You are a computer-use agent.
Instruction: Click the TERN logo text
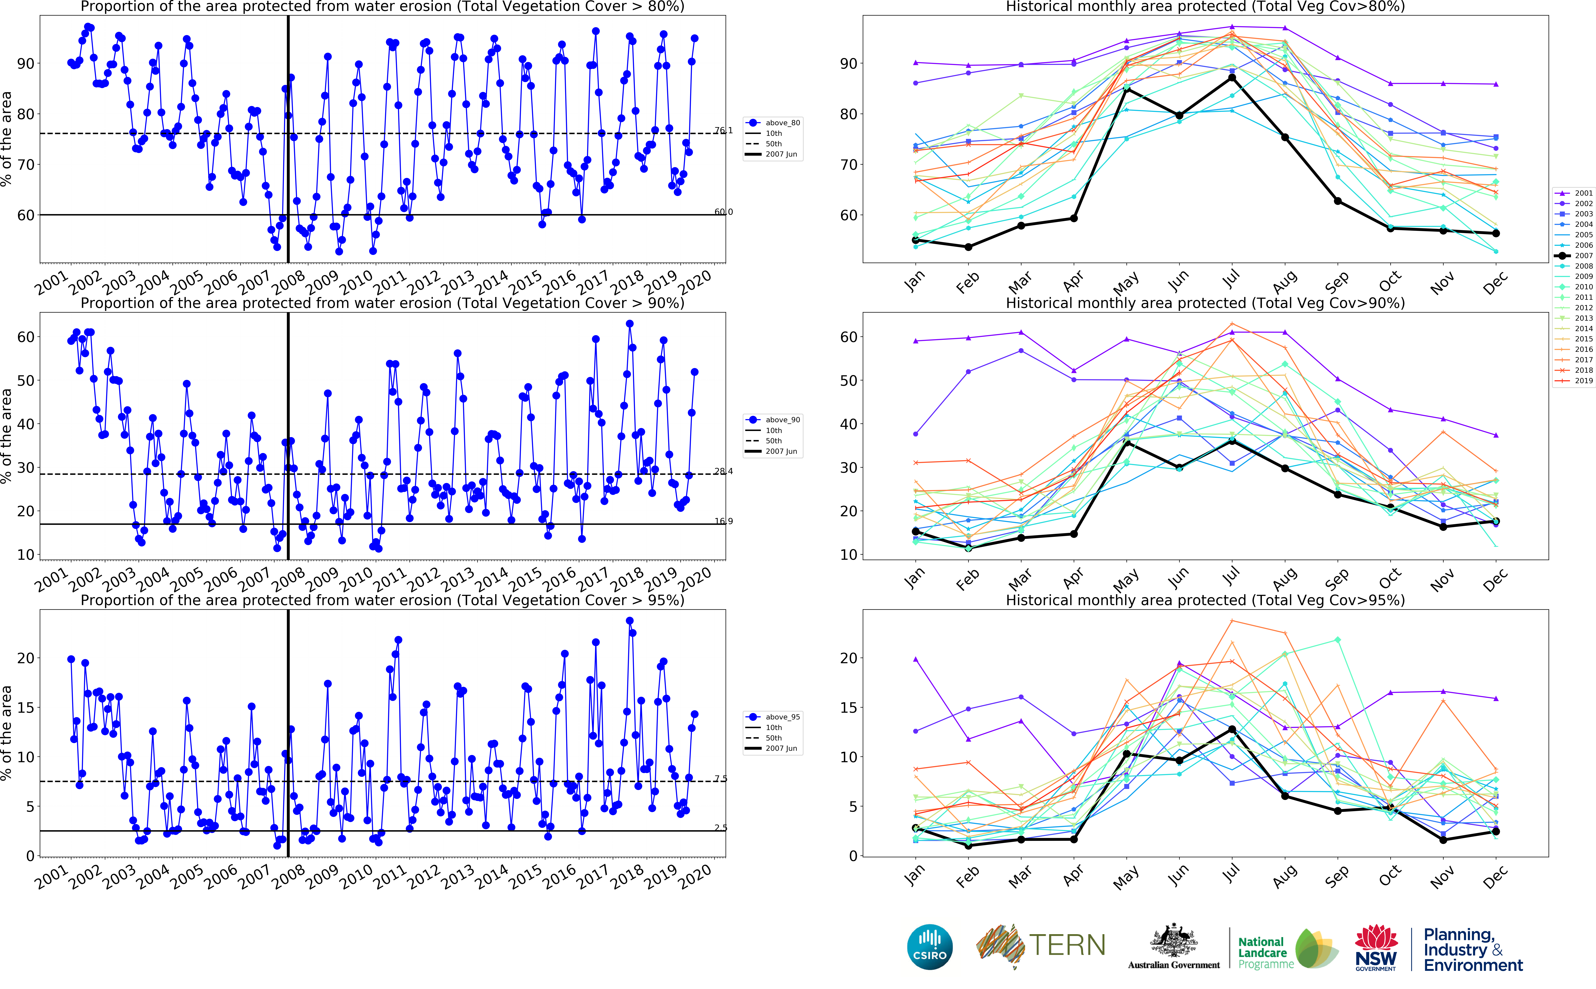[1067, 946]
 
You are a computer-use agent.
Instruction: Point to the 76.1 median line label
[723, 131]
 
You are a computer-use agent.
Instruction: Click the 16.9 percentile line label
[723, 521]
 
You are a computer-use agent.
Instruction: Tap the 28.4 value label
[723, 471]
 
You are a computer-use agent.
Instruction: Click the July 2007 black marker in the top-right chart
[1232, 78]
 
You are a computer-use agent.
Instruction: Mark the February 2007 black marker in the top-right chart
[968, 247]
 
